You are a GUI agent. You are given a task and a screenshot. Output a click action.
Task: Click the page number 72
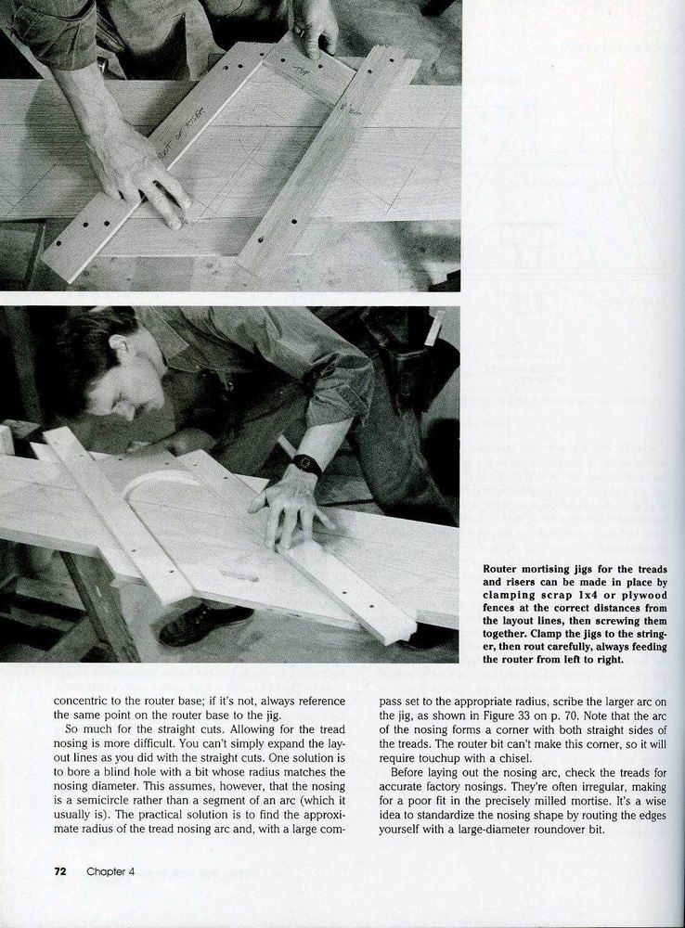click(x=59, y=871)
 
